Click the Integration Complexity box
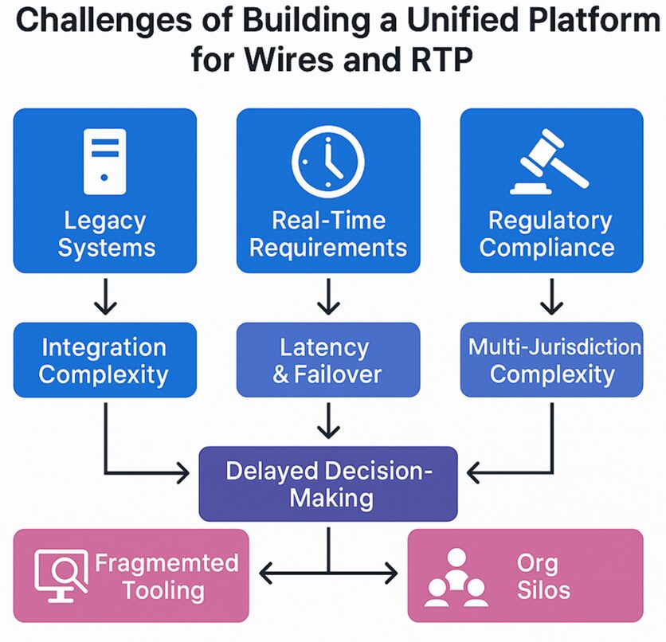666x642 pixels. point(104,360)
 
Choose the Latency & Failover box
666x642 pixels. point(327,360)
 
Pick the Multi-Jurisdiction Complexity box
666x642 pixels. point(551,360)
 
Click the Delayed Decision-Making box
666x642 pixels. point(327,484)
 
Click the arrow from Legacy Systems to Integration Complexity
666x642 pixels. point(104,298)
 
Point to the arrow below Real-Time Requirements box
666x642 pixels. point(327,298)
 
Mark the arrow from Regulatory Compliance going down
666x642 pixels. point(550,298)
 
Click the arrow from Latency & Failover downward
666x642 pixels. point(327,421)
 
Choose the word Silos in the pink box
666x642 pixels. point(537,590)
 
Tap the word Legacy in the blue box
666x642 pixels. point(104,221)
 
